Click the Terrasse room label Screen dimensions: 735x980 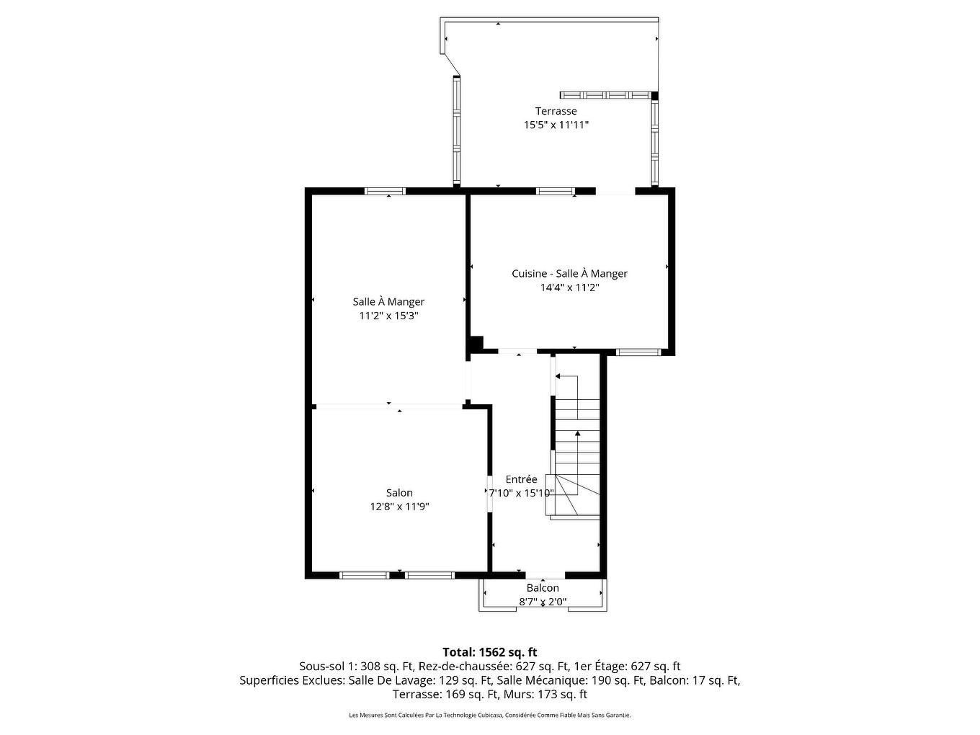(x=556, y=111)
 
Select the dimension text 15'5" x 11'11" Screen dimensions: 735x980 (x=556, y=125)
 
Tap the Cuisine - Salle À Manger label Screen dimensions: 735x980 (x=569, y=274)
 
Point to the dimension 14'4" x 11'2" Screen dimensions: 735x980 (x=569, y=288)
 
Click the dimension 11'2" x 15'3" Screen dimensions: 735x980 (x=388, y=316)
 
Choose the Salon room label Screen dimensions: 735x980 (x=399, y=493)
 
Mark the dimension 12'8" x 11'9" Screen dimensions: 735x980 (x=399, y=507)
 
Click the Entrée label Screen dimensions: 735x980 (x=521, y=479)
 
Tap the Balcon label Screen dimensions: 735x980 (x=543, y=588)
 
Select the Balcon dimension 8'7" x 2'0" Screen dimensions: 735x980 (x=543, y=602)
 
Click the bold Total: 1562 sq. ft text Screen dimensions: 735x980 (x=489, y=652)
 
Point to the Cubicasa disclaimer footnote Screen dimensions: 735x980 (x=489, y=716)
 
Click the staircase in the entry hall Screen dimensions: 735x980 (x=576, y=447)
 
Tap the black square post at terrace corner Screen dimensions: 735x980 (x=654, y=95)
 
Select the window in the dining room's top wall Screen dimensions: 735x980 (x=385, y=192)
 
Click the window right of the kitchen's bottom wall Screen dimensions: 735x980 (x=638, y=352)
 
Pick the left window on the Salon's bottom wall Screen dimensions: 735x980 (x=364, y=575)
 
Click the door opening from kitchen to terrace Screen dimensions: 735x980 (x=615, y=192)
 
